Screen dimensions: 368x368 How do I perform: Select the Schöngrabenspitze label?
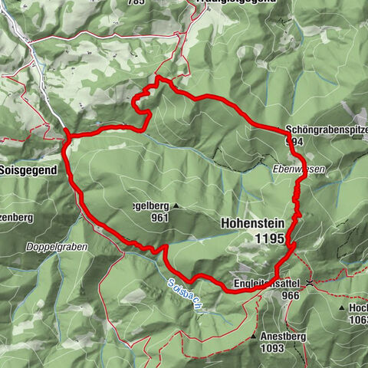pyautogui.click(x=322, y=130)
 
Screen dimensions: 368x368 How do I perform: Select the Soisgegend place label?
pyautogui.click(x=28, y=171)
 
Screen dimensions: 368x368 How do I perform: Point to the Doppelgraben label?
pyautogui.click(x=58, y=247)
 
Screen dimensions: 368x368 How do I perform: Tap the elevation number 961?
pyautogui.click(x=160, y=217)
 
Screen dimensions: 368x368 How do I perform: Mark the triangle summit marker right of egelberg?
pyautogui.click(x=176, y=206)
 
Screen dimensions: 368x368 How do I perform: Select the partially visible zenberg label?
pyautogui.click(x=17, y=218)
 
